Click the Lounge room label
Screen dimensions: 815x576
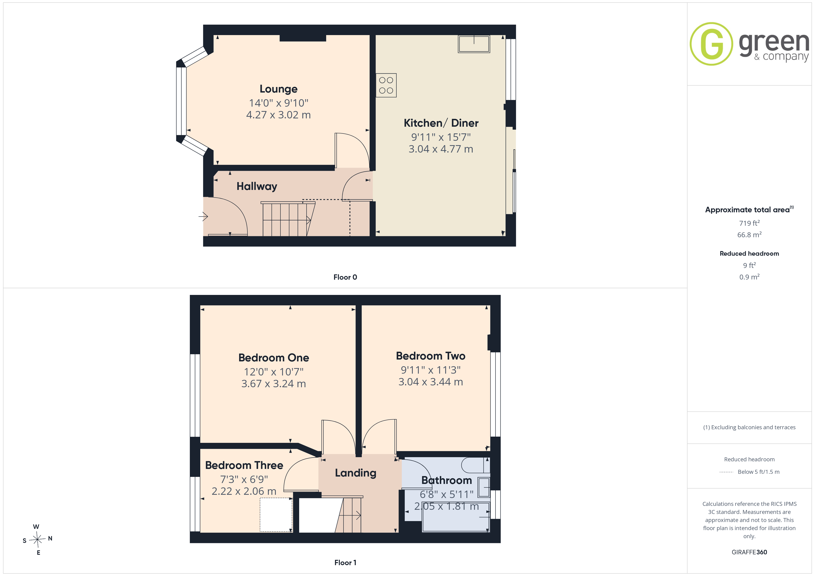click(x=278, y=89)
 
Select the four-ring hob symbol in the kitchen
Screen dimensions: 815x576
click(x=386, y=85)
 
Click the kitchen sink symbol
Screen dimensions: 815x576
click(x=474, y=44)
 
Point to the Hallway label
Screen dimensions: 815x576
click(x=257, y=186)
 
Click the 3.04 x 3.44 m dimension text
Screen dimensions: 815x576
click(x=431, y=382)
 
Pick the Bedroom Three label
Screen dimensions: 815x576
click(x=244, y=465)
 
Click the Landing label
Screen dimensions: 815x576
click(x=356, y=473)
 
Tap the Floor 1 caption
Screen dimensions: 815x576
click(x=345, y=563)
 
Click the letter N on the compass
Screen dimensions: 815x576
click(x=50, y=538)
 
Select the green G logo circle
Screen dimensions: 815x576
click(x=711, y=44)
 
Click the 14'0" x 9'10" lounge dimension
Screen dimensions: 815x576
click(x=279, y=103)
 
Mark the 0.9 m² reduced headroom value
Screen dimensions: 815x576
click(x=749, y=277)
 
